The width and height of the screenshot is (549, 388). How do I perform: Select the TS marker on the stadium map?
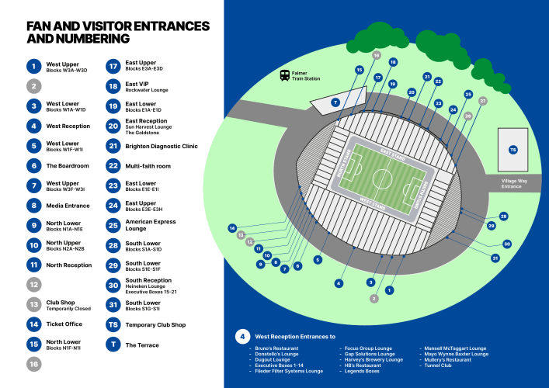512,150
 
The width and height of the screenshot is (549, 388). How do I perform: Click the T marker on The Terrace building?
335,102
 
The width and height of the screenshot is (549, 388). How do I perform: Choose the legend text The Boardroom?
68,166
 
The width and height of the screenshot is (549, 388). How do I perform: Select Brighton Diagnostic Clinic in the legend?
162,146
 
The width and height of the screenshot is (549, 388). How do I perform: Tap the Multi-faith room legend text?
148,166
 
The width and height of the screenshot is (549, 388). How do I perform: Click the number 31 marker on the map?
495,258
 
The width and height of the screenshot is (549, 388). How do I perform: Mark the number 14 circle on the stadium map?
232,228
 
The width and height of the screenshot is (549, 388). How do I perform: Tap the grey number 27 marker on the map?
482,101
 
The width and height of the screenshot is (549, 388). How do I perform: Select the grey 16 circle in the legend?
33,363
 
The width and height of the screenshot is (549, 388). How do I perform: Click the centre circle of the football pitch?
382,178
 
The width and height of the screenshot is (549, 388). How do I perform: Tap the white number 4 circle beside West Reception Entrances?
243,337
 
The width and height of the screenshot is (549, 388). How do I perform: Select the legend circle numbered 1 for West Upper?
33,67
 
